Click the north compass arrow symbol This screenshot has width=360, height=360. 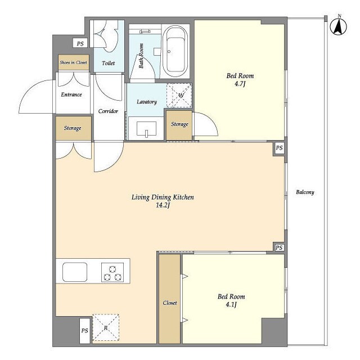point(339,26)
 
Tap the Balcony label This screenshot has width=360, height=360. point(305,192)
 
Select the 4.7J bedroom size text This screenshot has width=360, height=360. point(240,84)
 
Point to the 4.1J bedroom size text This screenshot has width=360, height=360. point(231,305)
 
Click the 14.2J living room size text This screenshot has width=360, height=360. point(163,205)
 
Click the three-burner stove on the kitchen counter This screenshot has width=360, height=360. point(112,272)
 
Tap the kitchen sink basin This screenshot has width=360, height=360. point(75,272)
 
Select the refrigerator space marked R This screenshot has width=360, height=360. point(106,327)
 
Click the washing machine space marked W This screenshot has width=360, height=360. point(179,96)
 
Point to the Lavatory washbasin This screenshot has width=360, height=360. point(146,129)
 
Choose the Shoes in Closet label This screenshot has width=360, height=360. point(73,62)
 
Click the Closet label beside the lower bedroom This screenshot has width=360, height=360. point(170,303)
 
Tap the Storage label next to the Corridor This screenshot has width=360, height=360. point(73,128)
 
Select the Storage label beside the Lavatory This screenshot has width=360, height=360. point(179,124)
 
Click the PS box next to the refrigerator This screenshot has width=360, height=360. point(85,331)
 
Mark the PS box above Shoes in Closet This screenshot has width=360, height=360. point(80,43)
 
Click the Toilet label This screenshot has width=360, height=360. point(108,63)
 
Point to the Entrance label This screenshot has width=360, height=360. point(71,94)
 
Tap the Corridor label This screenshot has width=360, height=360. point(108,111)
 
